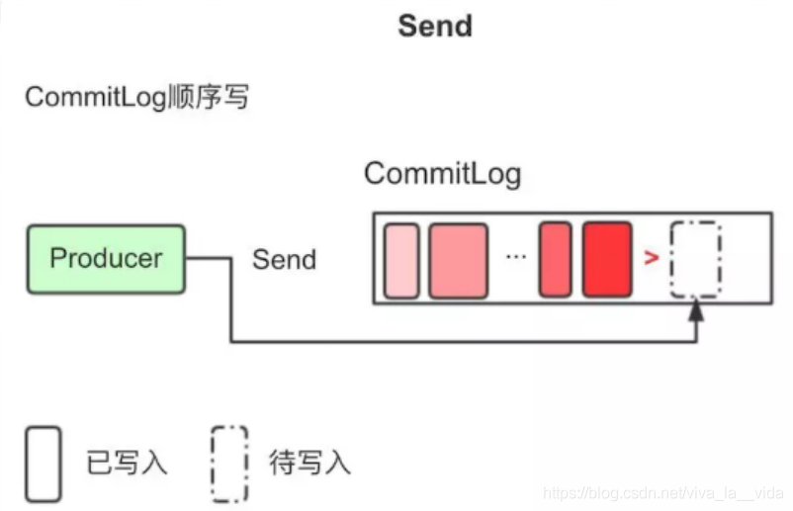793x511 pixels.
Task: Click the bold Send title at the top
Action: pyautogui.click(x=435, y=26)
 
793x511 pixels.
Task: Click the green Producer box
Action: pyautogui.click(x=106, y=259)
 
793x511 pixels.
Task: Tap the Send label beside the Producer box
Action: pyautogui.click(x=284, y=260)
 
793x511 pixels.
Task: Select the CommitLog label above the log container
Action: pyautogui.click(x=442, y=174)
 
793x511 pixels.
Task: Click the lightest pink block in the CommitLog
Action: pyautogui.click(x=401, y=260)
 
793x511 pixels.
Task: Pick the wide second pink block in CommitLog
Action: pyautogui.click(x=458, y=260)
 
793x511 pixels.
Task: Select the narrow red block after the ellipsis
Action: pyautogui.click(x=555, y=260)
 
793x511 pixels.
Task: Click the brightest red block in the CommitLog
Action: pyautogui.click(x=606, y=260)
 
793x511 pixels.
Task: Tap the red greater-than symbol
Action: pyautogui.click(x=651, y=259)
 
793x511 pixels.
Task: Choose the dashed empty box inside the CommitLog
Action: pyautogui.click(x=696, y=260)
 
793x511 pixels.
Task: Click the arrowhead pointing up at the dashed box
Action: pyautogui.click(x=696, y=311)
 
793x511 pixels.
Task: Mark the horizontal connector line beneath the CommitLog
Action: pyautogui.click(x=465, y=342)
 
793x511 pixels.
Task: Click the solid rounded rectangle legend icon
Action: pyautogui.click(x=44, y=463)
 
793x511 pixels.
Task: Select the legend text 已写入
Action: pyautogui.click(x=127, y=463)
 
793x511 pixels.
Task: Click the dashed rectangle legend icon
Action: pyautogui.click(x=229, y=463)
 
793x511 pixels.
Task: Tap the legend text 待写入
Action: pyautogui.click(x=309, y=463)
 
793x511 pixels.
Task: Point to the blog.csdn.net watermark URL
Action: pyautogui.click(x=663, y=492)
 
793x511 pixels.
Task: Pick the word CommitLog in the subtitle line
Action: pyautogui.click(x=99, y=98)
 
